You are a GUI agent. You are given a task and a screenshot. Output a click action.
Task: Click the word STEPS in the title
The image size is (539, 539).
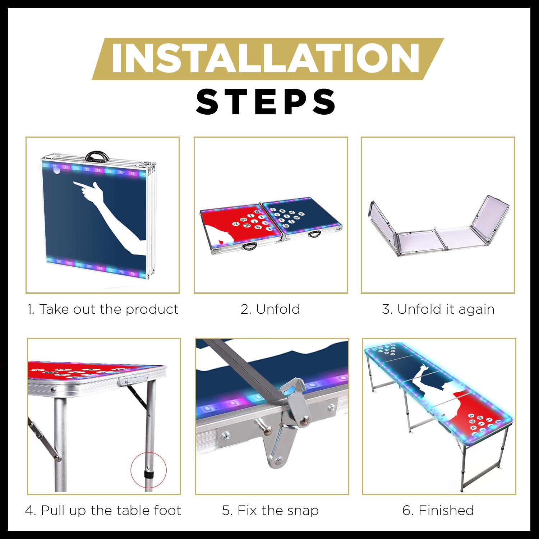(x=266, y=102)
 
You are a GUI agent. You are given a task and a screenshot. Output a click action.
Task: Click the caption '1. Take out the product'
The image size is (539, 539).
(x=103, y=309)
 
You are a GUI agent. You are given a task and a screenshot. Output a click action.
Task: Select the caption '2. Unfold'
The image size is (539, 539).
(x=270, y=309)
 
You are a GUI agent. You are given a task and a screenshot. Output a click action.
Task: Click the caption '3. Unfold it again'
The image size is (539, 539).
(x=438, y=309)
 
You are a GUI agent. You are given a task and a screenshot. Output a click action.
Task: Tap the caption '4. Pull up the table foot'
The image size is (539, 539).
(x=103, y=511)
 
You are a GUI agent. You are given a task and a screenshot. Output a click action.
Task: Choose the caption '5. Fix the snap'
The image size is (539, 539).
(x=270, y=511)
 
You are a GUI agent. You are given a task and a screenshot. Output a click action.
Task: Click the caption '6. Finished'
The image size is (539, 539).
(x=438, y=511)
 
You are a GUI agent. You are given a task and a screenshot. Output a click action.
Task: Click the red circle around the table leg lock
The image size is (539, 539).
(x=148, y=470)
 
